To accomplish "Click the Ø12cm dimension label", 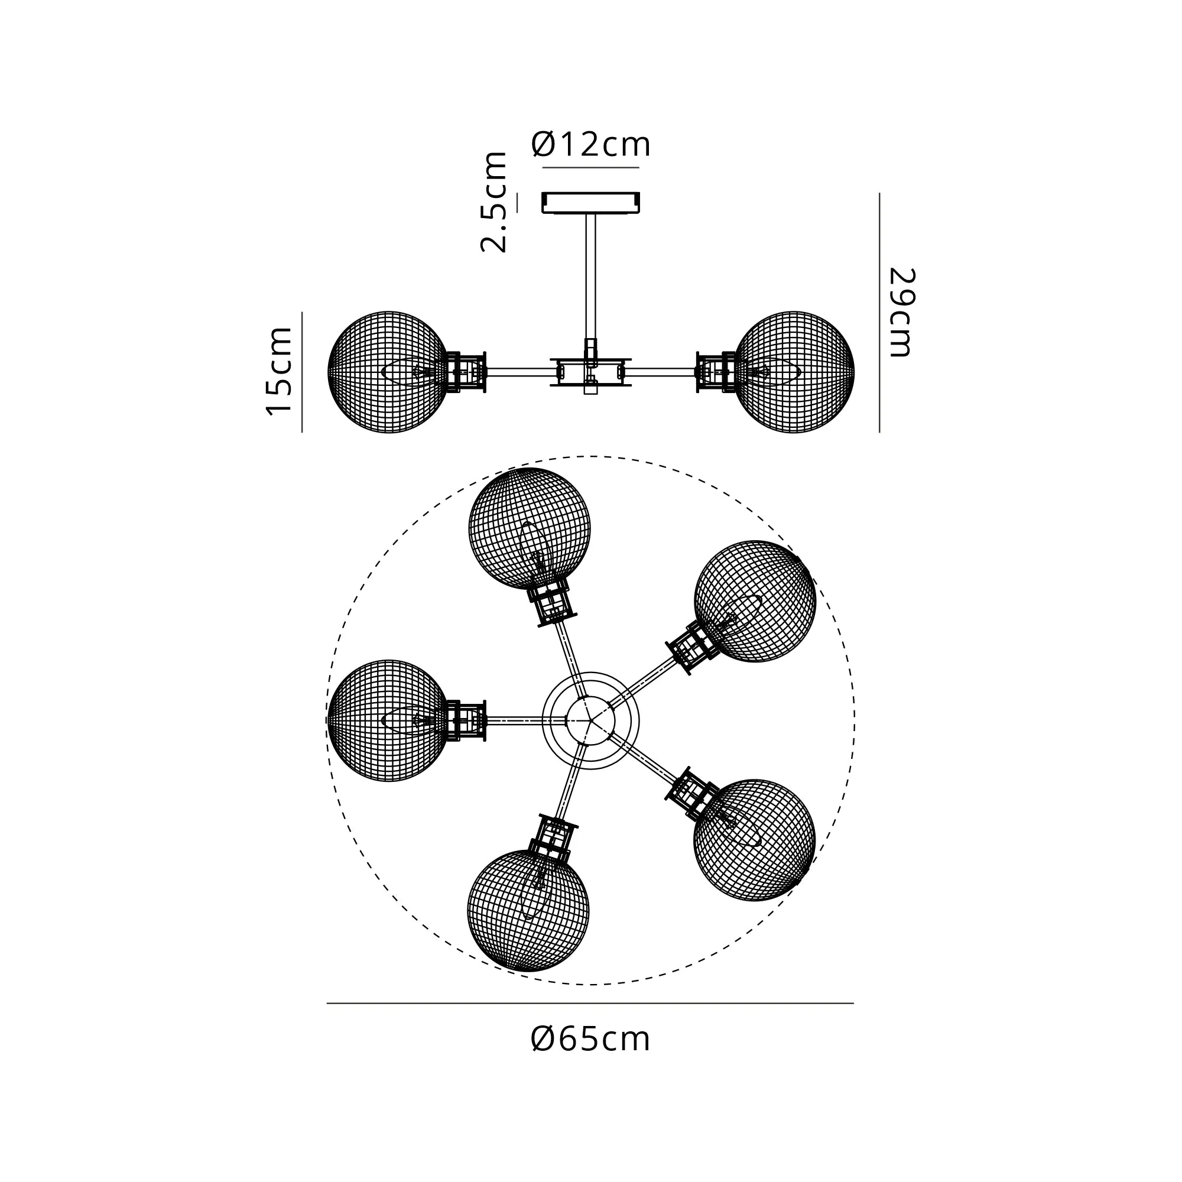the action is click(590, 144).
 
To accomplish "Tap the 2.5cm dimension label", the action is click(493, 202).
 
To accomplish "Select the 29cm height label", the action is click(901, 313).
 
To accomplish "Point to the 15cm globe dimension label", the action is click(279, 371).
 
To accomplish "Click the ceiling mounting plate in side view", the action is click(590, 203).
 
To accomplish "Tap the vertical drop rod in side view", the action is click(590, 277).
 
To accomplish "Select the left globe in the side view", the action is click(389, 372).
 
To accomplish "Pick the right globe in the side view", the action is click(794, 372).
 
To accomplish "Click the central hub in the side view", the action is click(590, 372).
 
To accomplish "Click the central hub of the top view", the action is click(590, 720).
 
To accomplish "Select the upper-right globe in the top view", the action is click(755, 602).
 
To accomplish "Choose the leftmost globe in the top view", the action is click(389, 720).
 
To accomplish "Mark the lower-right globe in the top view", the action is click(754, 840).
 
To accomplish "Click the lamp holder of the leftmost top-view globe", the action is click(466, 720).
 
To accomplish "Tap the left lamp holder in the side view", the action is click(466, 372).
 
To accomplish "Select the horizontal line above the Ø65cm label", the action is click(590, 1004).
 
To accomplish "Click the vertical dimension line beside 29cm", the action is click(879, 313).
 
